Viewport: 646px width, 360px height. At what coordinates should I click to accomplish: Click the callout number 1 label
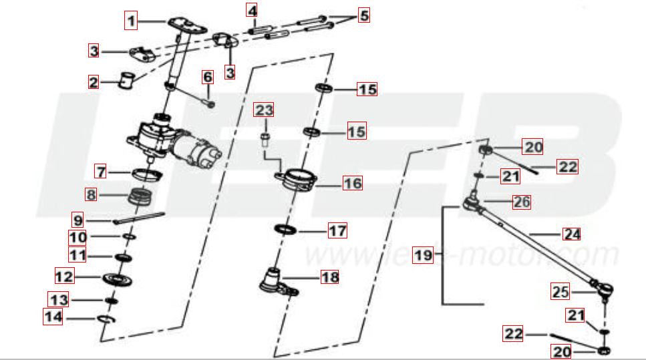[x=132, y=21]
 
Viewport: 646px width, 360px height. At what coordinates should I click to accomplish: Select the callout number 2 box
[x=94, y=82]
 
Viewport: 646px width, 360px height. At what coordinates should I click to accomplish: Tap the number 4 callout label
[x=251, y=11]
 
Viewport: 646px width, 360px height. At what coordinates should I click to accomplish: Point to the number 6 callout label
[x=207, y=76]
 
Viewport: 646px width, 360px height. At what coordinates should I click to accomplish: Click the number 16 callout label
[x=352, y=182]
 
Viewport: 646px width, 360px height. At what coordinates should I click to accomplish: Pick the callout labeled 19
[x=422, y=254]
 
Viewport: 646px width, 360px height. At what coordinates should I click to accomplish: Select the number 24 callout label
[x=571, y=234]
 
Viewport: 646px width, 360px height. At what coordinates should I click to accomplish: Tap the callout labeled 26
[x=521, y=201]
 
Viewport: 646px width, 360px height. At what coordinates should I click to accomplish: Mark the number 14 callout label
[x=53, y=317]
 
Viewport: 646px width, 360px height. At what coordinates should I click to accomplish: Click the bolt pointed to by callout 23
[x=265, y=141]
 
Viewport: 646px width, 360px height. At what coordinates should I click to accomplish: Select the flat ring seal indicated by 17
[x=286, y=230]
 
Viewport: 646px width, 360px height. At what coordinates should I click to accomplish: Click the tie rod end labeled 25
[x=603, y=289]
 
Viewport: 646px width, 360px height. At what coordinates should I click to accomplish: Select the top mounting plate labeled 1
[x=186, y=25]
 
